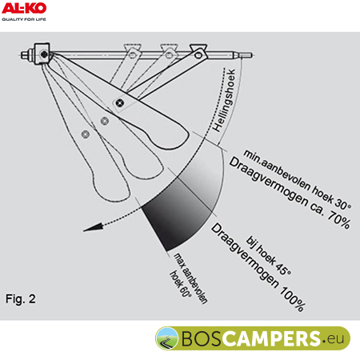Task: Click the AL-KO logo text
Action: (x=24, y=8)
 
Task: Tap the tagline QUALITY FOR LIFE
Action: (x=24, y=19)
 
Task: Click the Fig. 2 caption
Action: (x=21, y=298)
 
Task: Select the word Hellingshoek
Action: (x=224, y=100)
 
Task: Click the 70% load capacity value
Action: (x=338, y=220)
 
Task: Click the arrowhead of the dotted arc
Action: (x=93, y=228)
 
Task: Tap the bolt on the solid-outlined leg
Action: (x=120, y=102)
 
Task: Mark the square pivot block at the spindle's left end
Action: (x=42, y=54)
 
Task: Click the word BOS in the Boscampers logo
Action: (x=201, y=338)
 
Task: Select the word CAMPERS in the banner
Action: (x=270, y=338)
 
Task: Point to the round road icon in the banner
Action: (x=167, y=338)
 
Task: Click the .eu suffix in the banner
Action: (x=333, y=339)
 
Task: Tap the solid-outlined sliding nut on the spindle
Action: (x=198, y=53)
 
